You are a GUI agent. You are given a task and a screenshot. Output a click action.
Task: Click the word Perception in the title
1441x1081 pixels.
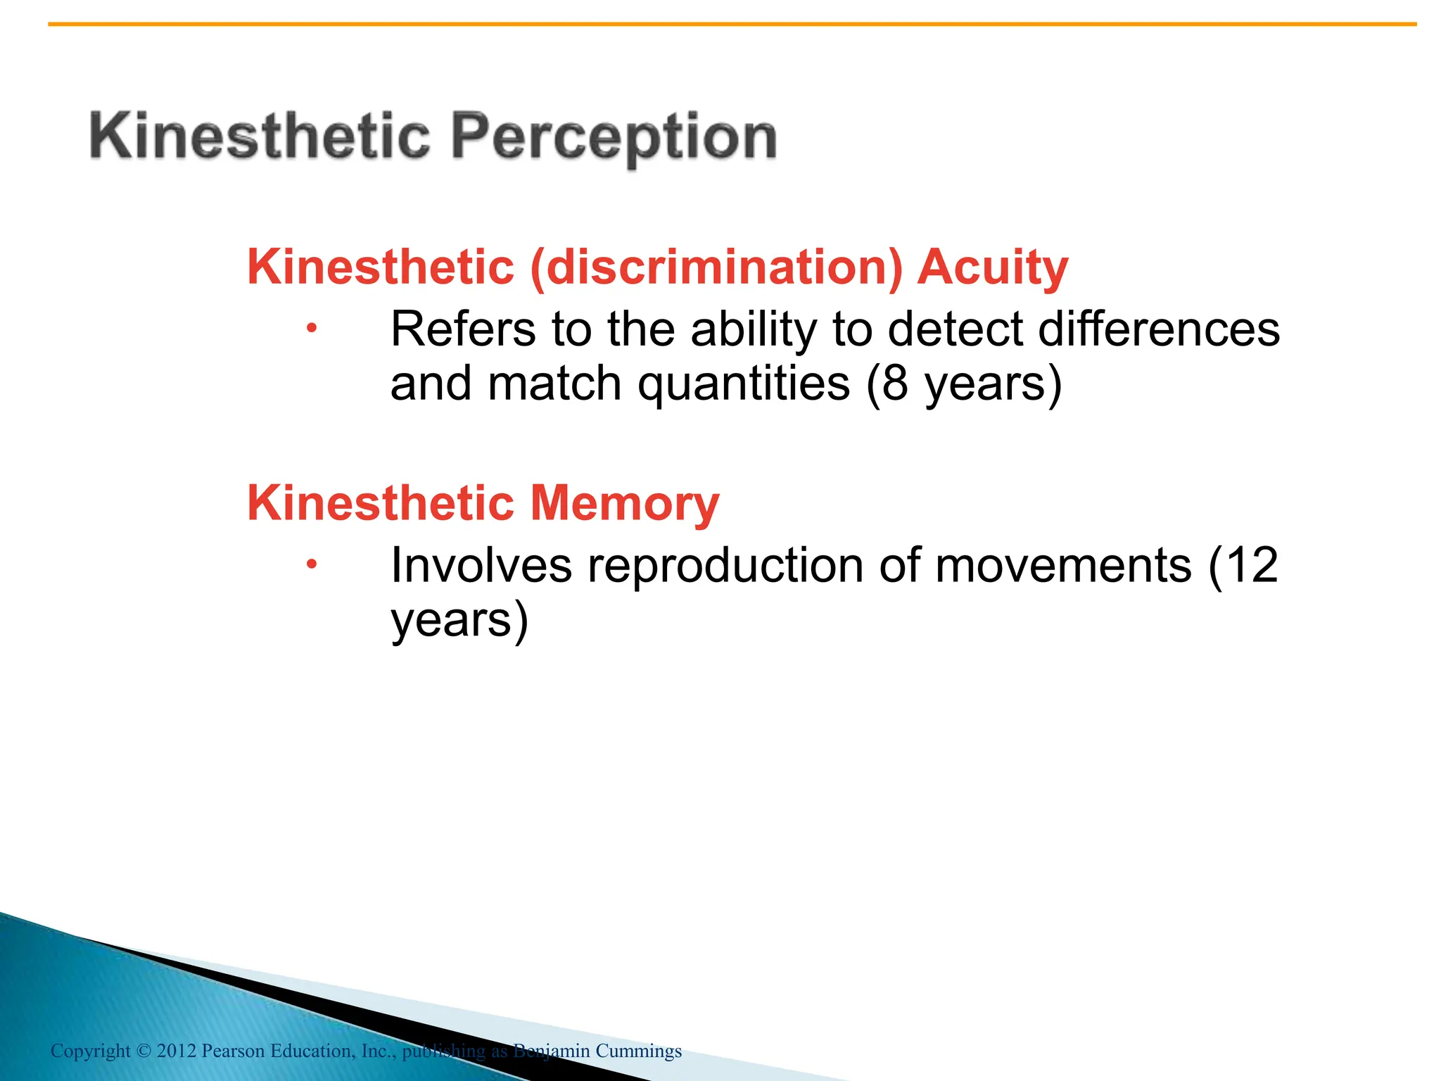tap(614, 137)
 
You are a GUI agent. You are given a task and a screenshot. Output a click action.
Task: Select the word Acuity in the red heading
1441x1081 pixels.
tap(992, 268)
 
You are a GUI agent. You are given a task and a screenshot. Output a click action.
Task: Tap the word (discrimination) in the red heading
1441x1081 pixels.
tap(716, 268)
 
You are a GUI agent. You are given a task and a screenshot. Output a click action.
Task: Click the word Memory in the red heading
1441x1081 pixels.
tap(624, 504)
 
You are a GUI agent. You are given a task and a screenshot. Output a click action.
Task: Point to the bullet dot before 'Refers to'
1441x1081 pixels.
tap(312, 327)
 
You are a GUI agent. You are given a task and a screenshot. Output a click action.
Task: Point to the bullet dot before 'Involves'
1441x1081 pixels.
tap(312, 564)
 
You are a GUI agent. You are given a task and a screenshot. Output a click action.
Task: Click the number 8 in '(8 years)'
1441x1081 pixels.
tap(894, 384)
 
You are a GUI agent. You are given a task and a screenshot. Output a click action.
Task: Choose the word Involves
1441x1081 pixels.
tap(481, 565)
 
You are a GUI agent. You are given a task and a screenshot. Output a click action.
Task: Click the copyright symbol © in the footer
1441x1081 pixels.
tap(144, 1051)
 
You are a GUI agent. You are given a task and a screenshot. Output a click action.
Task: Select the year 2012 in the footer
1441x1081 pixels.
tap(176, 1051)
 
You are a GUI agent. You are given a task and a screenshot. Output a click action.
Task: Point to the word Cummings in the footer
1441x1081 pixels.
tap(638, 1051)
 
